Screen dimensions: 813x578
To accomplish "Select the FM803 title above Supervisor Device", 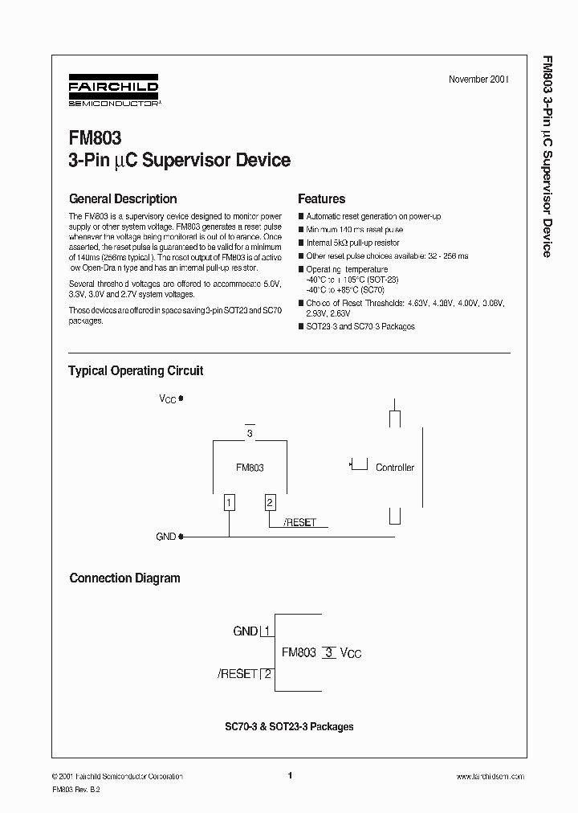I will pos(96,139).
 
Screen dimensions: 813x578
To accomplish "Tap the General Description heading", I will pos(123,198).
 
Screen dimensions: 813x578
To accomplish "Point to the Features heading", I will pos(321,198).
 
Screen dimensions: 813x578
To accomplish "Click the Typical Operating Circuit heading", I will pos(136,370).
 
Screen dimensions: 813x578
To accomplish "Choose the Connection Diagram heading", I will pos(124,578).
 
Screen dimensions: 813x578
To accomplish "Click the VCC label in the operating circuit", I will pos(169,398).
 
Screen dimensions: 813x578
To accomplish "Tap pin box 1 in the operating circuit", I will pos(230,503).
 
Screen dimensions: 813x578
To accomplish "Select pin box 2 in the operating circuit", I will pos(270,503).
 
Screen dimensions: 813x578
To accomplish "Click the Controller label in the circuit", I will pos(395,468).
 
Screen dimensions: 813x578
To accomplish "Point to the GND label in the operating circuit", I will pos(165,536).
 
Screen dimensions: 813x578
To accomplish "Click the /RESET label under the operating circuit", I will pos(300,522).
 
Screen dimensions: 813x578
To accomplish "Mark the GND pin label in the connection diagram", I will pos(246,631).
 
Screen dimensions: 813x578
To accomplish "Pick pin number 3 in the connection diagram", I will pos(328,652).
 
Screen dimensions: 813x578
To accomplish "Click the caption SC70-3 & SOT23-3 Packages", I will pos(289,726).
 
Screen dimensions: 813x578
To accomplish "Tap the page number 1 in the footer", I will pos(289,775).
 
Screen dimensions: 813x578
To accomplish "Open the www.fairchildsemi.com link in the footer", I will pos(490,776).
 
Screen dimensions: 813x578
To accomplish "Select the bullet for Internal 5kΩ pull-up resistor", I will pos(301,243).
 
